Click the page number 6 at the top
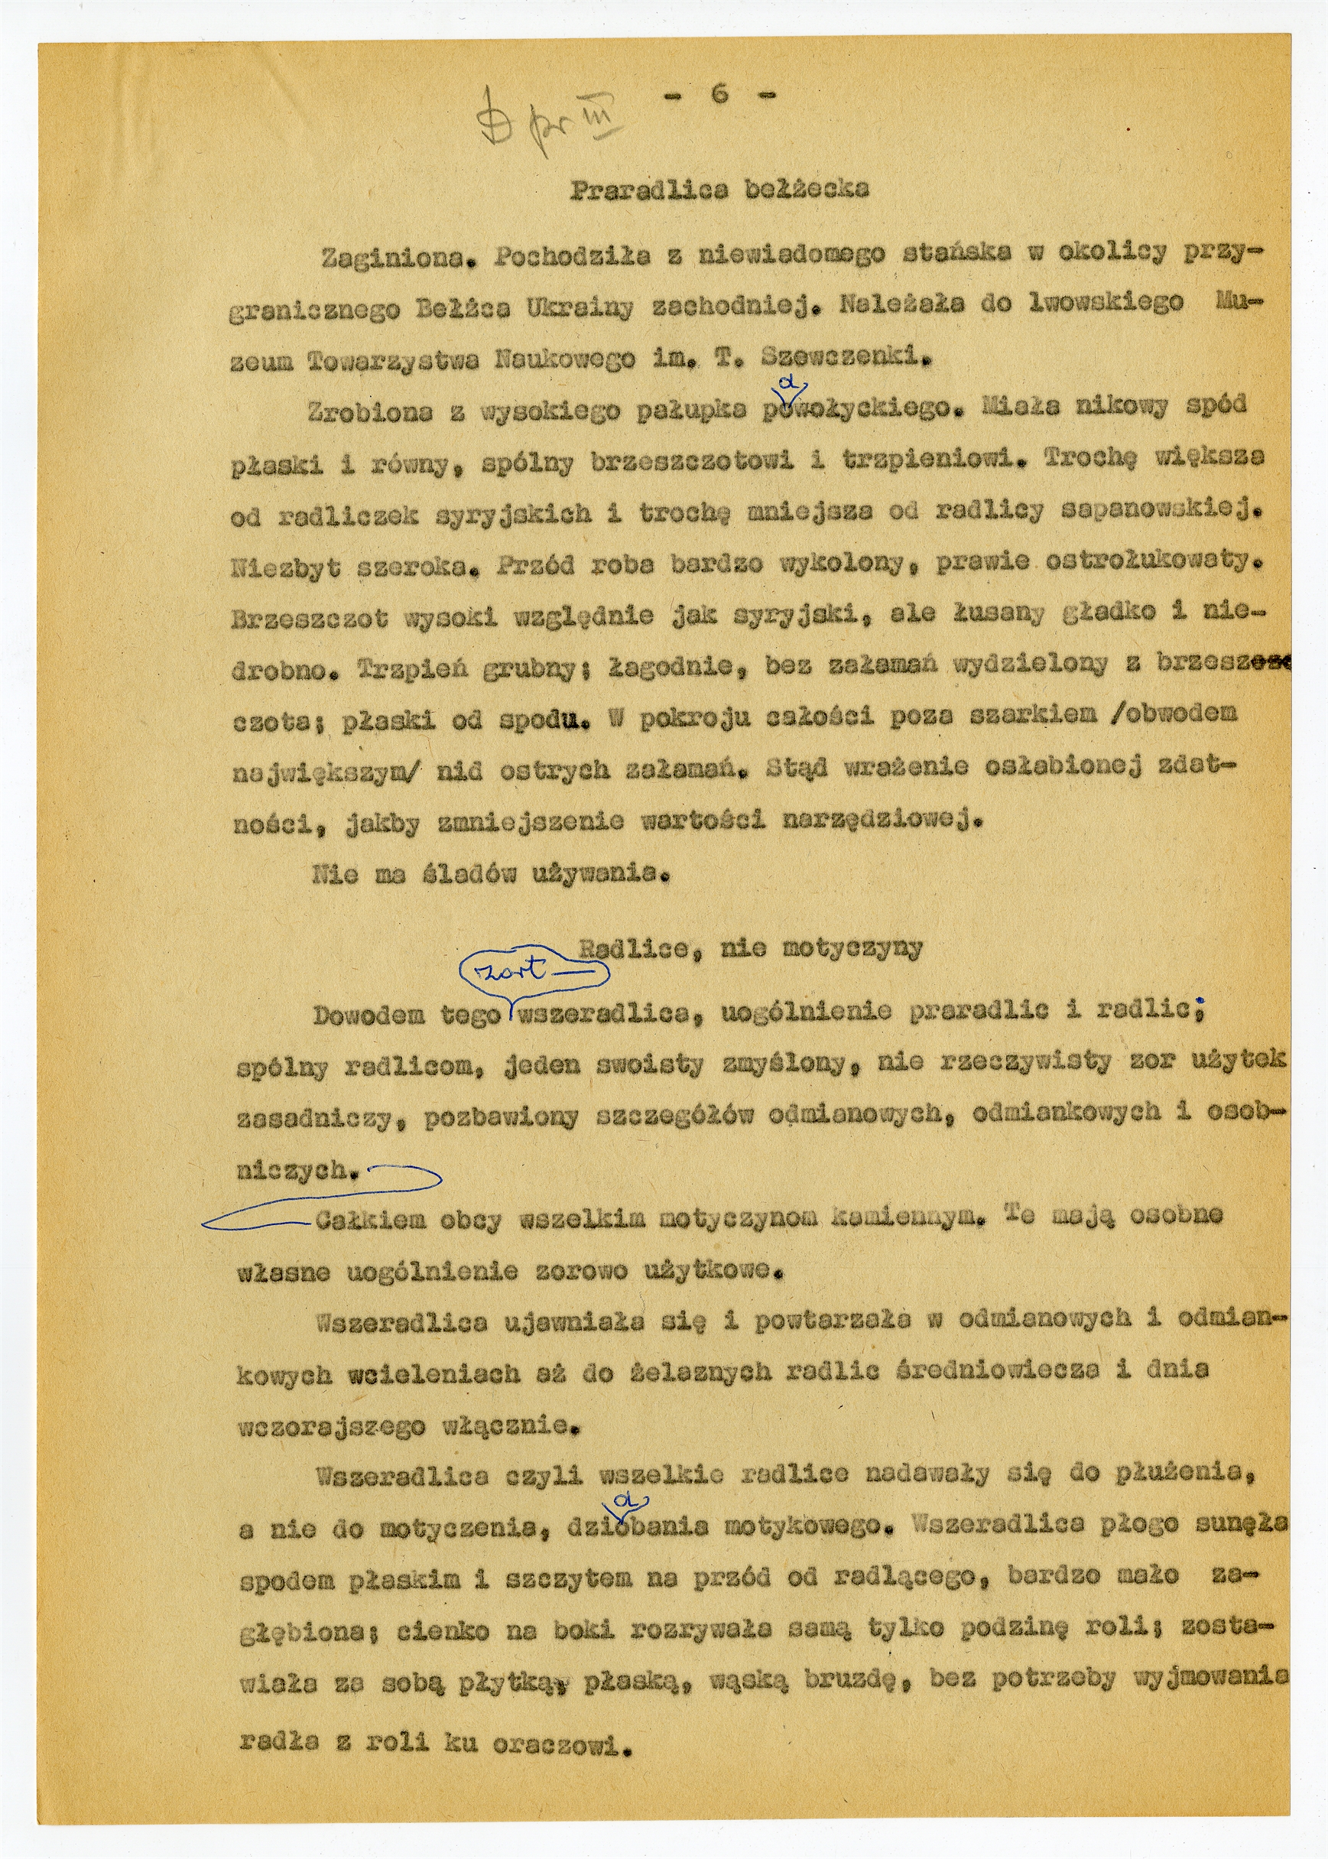click(719, 94)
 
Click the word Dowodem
click(369, 1015)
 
